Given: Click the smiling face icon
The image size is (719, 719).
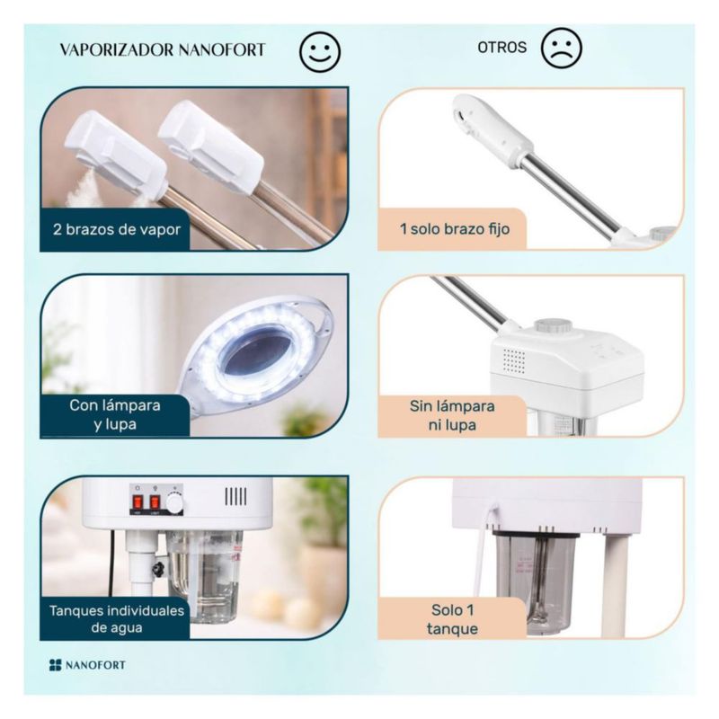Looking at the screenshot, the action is [320, 51].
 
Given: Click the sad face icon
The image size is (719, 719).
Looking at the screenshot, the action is [561, 49].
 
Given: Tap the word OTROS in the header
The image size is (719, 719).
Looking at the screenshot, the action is [502, 48].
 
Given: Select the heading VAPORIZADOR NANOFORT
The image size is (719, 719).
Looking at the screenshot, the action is [163, 49].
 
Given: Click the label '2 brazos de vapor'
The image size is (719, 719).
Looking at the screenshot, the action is [117, 229].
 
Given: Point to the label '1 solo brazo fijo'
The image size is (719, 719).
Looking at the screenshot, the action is [455, 229].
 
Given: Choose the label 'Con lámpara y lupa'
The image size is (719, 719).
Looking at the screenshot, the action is [115, 414].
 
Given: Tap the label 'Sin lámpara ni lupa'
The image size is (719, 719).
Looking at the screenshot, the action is [452, 415].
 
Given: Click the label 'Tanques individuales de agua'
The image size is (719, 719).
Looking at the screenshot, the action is [117, 619].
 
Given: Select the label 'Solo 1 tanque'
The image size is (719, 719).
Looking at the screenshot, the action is [452, 619].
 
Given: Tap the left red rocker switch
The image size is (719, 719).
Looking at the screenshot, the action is [138, 502].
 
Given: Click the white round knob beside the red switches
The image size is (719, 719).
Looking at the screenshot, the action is [174, 503].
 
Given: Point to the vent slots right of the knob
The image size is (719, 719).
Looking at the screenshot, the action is [235, 496].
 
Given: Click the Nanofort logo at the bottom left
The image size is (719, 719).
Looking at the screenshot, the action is [87, 665].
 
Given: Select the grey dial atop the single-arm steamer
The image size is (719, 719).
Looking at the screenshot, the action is [553, 326].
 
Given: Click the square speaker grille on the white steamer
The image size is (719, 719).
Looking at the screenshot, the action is [514, 360].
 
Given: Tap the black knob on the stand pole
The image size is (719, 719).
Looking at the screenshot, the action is [158, 570].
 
